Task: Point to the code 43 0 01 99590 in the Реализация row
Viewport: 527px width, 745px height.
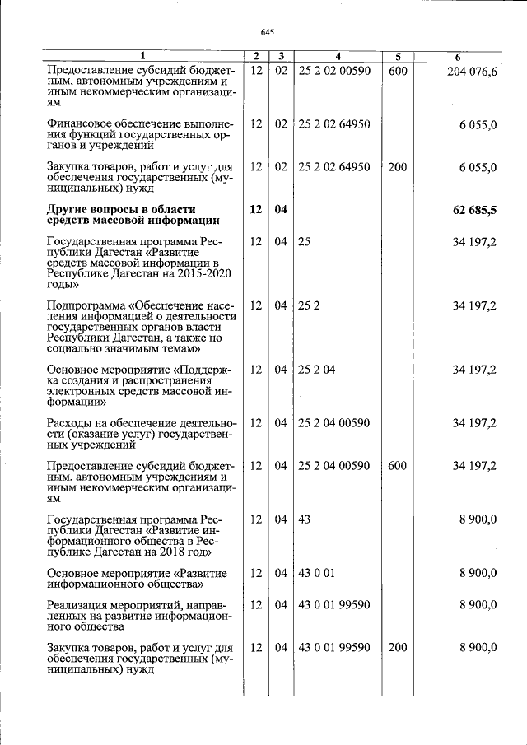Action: (x=333, y=605)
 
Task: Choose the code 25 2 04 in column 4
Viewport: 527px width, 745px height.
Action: (x=317, y=370)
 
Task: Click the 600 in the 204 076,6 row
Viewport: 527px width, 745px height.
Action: (x=397, y=72)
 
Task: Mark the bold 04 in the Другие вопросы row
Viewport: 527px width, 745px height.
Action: (x=281, y=210)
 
